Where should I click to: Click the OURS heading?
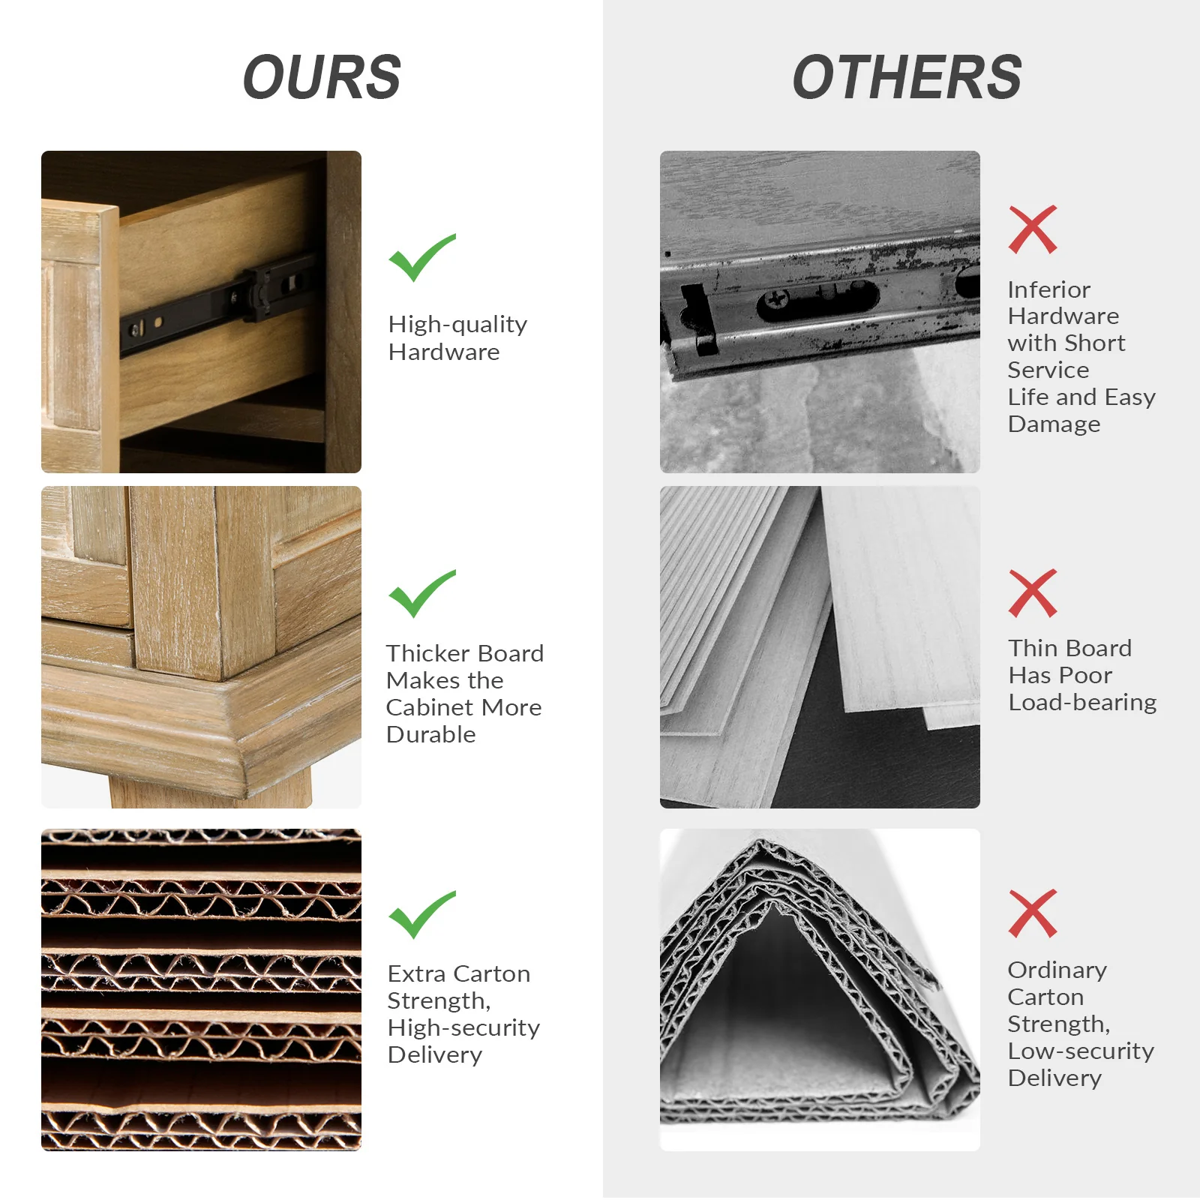pyautogui.click(x=322, y=77)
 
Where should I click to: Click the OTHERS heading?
pyautogui.click(x=907, y=77)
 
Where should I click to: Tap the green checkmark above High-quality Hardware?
pyautogui.click(x=421, y=257)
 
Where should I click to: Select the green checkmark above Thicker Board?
pyautogui.click(x=421, y=593)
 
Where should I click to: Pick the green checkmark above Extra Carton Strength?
pyautogui.click(x=421, y=914)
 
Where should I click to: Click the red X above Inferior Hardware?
pyautogui.click(x=1033, y=229)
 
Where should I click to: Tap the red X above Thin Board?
pyautogui.click(x=1033, y=593)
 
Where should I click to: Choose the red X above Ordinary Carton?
pyautogui.click(x=1033, y=913)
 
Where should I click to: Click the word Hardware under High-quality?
pyautogui.click(x=444, y=352)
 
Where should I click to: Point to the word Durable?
pyautogui.click(x=431, y=734)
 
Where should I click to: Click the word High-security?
pyautogui.click(x=463, y=1028)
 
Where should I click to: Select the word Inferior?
pyautogui.click(x=1048, y=289)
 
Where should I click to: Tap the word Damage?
pyautogui.click(x=1054, y=424)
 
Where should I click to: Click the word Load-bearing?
pyautogui.click(x=1082, y=703)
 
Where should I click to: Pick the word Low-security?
pyautogui.click(x=1081, y=1051)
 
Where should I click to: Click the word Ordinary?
pyautogui.click(x=1057, y=970)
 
